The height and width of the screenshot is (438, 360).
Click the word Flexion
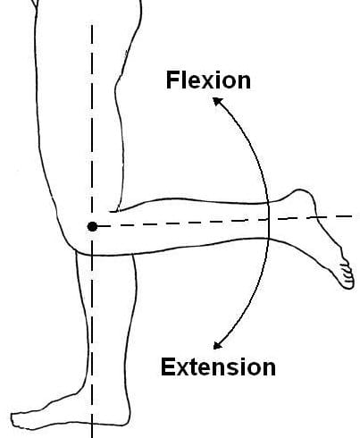pos(208,80)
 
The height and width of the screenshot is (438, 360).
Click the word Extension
pos(218,366)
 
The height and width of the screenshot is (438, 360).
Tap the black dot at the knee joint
pos(92,226)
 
